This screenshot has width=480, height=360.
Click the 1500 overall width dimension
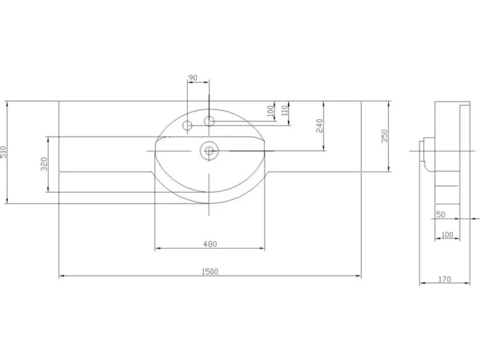coord(210,271)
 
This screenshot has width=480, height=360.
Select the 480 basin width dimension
coord(210,244)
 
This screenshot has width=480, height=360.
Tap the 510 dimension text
coord(3,152)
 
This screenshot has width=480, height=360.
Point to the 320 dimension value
coord(44,164)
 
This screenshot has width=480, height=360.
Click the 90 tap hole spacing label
coord(192,78)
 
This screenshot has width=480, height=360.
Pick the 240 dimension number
coord(319,126)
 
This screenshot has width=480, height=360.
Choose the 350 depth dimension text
coord(384,136)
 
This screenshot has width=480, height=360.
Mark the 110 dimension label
coord(285,110)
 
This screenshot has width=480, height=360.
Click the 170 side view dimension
coord(444,279)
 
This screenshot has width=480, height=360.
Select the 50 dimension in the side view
coord(440,215)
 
